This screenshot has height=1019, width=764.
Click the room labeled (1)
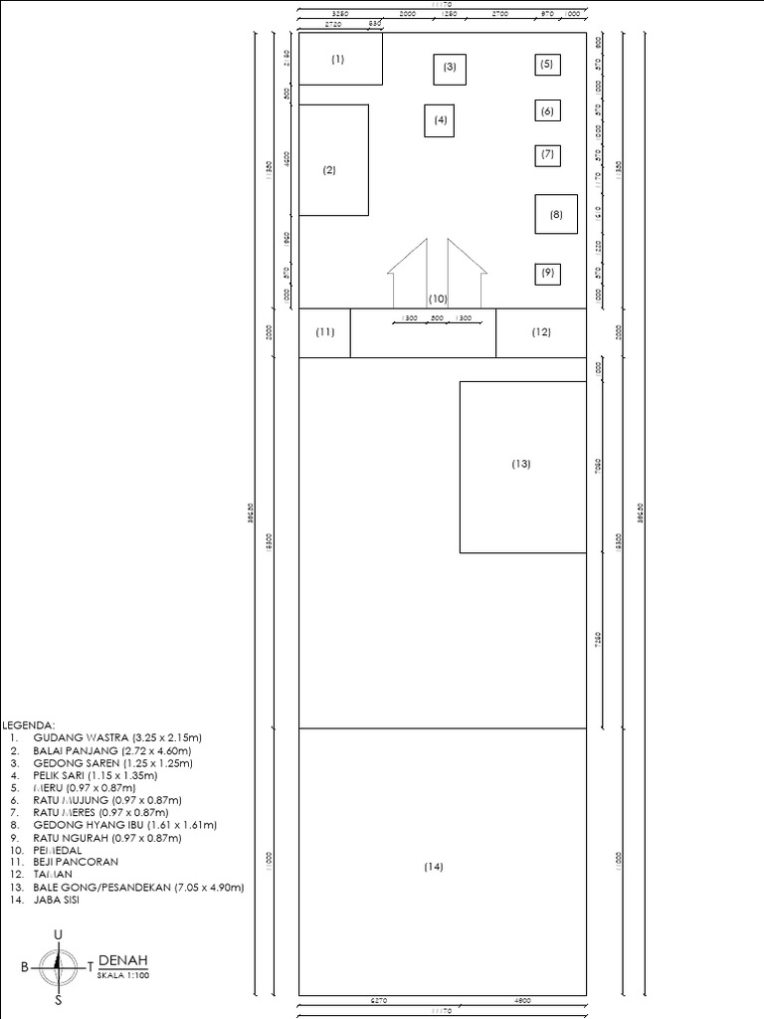(x=340, y=60)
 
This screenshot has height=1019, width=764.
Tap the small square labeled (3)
(x=450, y=68)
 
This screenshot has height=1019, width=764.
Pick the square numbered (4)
(x=441, y=120)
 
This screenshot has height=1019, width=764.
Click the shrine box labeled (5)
(x=546, y=65)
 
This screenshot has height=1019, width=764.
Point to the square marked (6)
(x=546, y=111)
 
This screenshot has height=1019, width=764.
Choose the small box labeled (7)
(x=546, y=154)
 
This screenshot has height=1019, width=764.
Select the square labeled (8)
(x=556, y=214)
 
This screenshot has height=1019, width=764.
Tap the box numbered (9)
(x=546, y=272)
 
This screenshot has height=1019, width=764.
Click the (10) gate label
(x=438, y=299)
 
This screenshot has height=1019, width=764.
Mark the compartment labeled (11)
(x=325, y=332)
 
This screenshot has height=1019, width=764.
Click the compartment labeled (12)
(x=540, y=332)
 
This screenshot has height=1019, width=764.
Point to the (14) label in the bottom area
(x=433, y=867)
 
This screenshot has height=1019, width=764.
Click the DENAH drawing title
(x=123, y=959)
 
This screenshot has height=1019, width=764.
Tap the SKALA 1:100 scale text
(x=122, y=975)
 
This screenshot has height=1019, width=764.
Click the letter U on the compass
(x=58, y=933)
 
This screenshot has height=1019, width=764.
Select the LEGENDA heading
(x=29, y=725)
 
